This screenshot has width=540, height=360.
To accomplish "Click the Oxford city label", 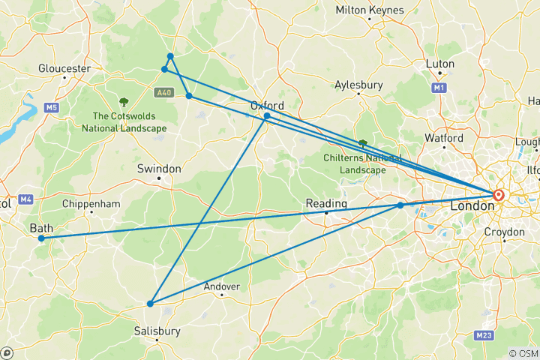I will tap(267, 106).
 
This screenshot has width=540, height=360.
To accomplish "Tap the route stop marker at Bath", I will tap(41, 238).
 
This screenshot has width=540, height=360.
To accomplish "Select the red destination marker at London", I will tap(499, 196).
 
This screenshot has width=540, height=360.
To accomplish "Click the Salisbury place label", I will tap(157, 330).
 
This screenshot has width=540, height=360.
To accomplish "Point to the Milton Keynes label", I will tap(370, 10).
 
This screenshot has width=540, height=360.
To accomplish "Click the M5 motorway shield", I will tap(51, 108).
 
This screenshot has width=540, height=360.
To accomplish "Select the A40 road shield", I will tap(164, 93).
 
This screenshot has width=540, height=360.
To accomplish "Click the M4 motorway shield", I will tap(26, 199).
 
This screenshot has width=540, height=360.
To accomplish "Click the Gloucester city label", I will tap(64, 68).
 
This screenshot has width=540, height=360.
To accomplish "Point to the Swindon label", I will tap(159, 169).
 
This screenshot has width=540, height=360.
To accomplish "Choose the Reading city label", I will tap(326, 203).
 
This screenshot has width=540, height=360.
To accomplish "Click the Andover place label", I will tap(222, 286).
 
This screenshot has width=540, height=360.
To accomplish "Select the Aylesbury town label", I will tap(358, 85).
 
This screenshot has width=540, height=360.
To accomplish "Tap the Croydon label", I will tap(504, 232).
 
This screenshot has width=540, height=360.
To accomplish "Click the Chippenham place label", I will tap(92, 203).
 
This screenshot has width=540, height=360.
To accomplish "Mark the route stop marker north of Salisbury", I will tap(150, 304).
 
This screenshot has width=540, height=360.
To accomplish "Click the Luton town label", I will tap(439, 64).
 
